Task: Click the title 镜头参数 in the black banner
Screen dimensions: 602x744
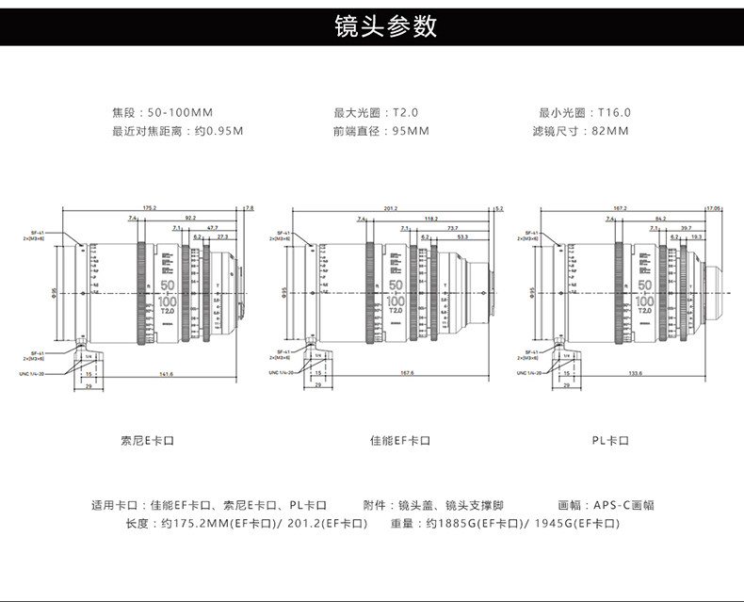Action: [386, 25]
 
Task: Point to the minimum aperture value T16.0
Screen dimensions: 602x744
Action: [614, 113]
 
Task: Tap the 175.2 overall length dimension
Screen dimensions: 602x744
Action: [149, 207]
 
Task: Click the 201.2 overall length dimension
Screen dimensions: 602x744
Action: [391, 207]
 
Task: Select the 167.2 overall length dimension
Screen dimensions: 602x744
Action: [620, 207]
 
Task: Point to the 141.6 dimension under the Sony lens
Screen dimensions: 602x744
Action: [167, 373]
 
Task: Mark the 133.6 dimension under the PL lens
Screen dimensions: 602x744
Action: [635, 373]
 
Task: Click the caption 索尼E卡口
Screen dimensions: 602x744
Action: [150, 440]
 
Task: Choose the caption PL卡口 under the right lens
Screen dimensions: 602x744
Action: [610, 440]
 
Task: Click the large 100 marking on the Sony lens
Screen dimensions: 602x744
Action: [170, 301]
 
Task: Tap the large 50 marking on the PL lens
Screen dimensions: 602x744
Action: [645, 285]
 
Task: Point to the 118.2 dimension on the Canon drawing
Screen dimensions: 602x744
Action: [431, 218]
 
